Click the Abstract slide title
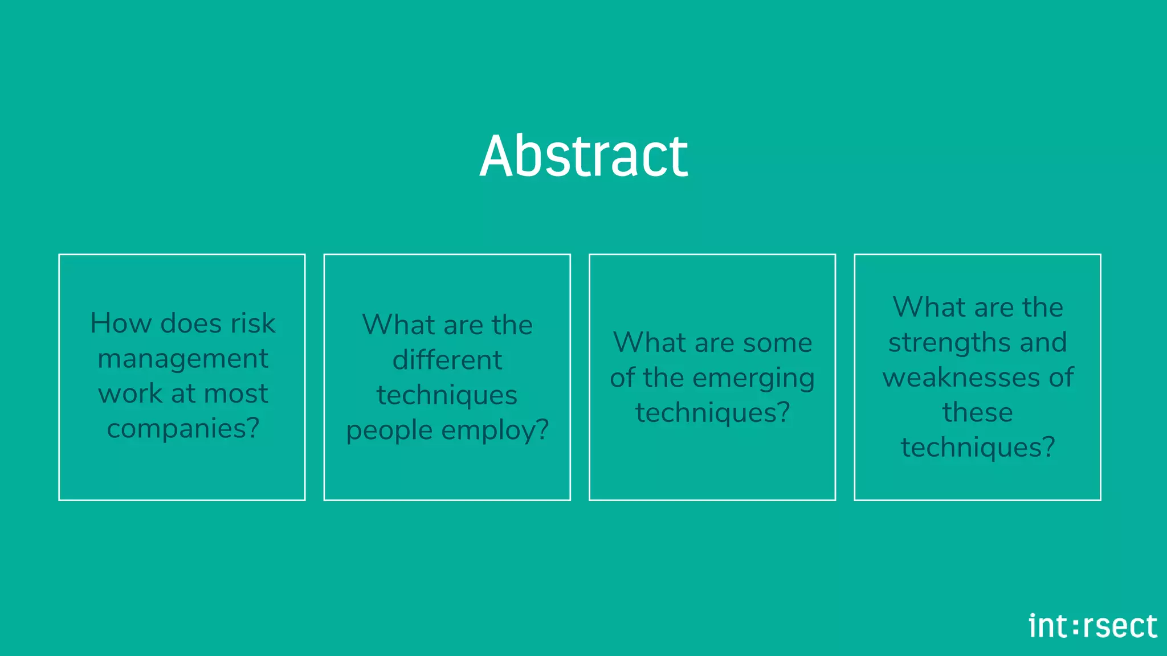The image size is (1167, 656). (x=583, y=156)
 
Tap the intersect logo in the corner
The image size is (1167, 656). (x=1092, y=626)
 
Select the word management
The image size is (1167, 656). (x=182, y=359)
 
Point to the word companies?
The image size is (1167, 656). (x=183, y=428)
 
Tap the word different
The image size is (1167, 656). (x=447, y=360)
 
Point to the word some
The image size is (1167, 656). (x=777, y=343)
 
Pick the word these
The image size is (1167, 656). (x=977, y=412)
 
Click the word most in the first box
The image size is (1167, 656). (x=235, y=393)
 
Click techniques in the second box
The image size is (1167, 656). (x=447, y=395)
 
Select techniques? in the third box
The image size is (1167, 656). (x=712, y=413)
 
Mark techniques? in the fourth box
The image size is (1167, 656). (x=977, y=448)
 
